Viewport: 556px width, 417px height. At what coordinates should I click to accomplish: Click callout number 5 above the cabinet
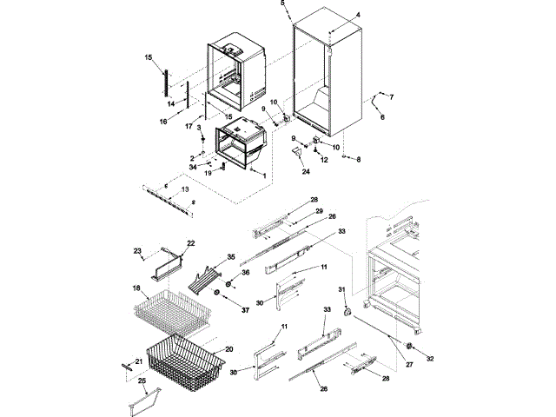pos(282,4)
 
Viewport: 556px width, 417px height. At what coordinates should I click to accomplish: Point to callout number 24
pos(306,171)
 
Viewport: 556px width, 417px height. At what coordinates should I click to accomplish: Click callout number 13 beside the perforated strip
pos(184,189)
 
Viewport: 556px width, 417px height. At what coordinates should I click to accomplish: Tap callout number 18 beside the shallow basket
pos(136,288)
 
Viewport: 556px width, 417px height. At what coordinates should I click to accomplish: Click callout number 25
pos(142,381)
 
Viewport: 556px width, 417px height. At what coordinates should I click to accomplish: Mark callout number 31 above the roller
pos(341,289)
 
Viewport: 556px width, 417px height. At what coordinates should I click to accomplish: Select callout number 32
pos(428,358)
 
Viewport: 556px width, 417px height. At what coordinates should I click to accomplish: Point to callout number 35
pos(231,257)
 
